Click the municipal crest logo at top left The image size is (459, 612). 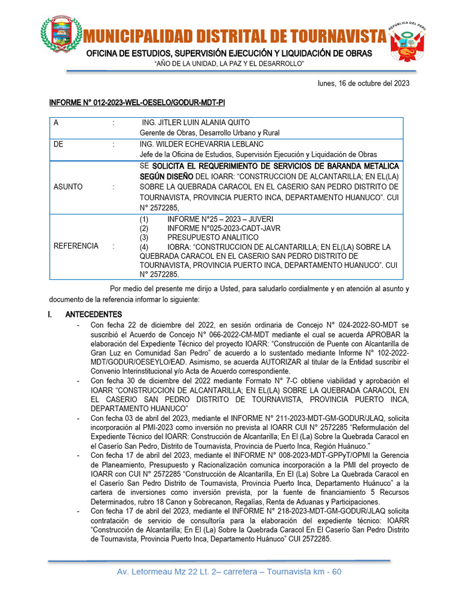pyautogui.click(x=62, y=34)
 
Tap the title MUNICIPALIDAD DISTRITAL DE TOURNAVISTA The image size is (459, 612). pyautogui.click(x=234, y=36)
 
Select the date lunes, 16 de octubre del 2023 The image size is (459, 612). pyautogui.click(x=363, y=84)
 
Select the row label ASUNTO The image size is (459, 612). pyautogui.click(x=68, y=186)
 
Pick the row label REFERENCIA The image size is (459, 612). pyautogui.click(x=76, y=246)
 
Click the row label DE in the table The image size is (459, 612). pyautogui.click(x=58, y=144)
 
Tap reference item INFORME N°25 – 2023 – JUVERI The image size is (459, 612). pyautogui.click(x=220, y=219)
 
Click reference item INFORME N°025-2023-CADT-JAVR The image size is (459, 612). pyautogui.click(x=224, y=228)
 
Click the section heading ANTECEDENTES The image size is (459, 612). pyautogui.click(x=93, y=314)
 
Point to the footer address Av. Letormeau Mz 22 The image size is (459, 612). pyautogui.click(x=229, y=572)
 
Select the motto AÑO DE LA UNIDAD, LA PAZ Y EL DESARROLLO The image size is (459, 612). pyautogui.click(x=229, y=64)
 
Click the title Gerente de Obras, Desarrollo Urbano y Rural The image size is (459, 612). pyautogui.click(x=209, y=133)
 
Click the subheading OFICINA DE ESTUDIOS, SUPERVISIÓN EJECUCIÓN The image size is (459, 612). pyautogui.click(x=229, y=54)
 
